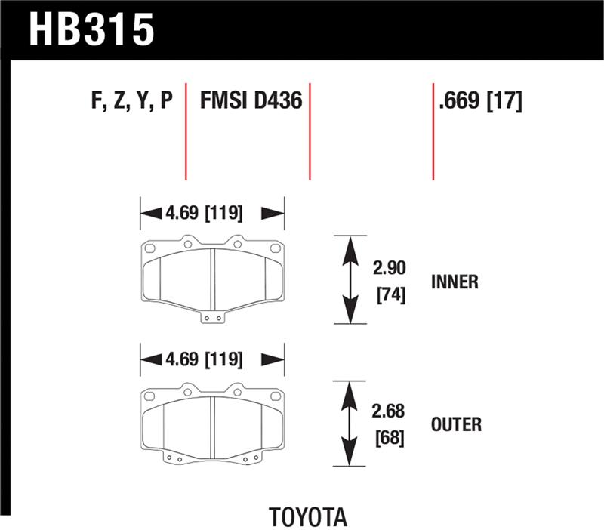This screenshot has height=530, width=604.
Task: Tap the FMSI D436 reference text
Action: point(251,100)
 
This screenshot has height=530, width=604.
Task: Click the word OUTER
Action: point(456,425)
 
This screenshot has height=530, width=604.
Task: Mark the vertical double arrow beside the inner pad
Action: point(349,279)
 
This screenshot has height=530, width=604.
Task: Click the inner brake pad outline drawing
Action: point(212,276)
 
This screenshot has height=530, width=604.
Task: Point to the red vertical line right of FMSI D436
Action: point(310,132)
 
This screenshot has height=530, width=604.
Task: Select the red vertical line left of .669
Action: point(433,132)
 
